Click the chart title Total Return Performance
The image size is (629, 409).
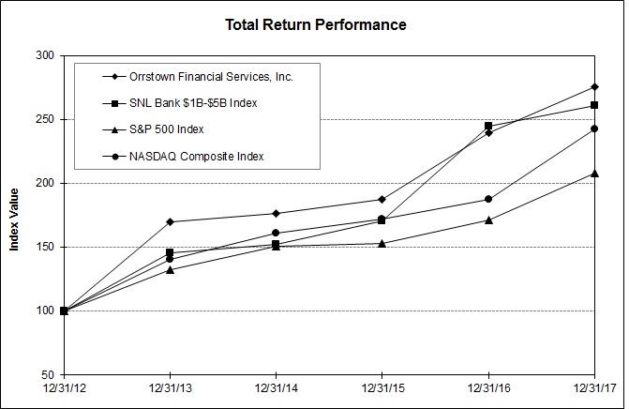[x=316, y=24]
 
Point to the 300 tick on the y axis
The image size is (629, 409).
[x=42, y=56]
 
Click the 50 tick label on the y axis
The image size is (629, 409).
[x=45, y=374]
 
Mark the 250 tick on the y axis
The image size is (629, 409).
[x=42, y=120]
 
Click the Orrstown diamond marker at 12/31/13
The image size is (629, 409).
[x=170, y=221]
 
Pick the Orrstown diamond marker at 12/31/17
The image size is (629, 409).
[x=594, y=87]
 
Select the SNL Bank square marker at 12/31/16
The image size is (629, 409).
[x=488, y=126]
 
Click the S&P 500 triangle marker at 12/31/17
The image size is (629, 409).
[x=594, y=173]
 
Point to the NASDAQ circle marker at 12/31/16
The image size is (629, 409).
[x=488, y=199]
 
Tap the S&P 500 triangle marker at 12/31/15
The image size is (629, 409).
[x=382, y=243]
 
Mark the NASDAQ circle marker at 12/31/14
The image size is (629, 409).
[x=276, y=233]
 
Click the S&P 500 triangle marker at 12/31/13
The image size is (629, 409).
[x=170, y=269]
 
